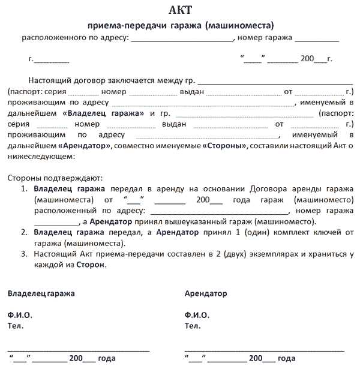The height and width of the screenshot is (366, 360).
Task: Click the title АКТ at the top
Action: point(181,11)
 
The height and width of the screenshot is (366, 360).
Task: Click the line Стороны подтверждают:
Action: point(55,178)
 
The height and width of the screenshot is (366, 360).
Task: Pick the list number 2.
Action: point(24,232)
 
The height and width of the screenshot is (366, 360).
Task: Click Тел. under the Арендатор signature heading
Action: point(193,326)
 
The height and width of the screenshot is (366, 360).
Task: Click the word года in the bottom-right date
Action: point(287,359)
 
